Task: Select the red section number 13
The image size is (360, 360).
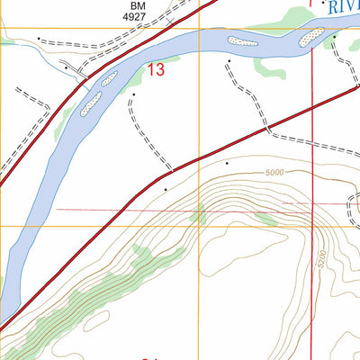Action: [x=156, y=70]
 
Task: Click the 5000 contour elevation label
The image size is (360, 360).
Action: [x=274, y=173]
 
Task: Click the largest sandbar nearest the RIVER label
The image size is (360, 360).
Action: [x=310, y=36]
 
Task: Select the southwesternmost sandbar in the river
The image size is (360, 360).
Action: [x=90, y=107]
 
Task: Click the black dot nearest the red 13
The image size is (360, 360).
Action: [x=134, y=94]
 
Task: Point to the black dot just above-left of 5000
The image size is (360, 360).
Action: [x=227, y=163]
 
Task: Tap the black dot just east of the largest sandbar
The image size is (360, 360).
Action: [x=334, y=38]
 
